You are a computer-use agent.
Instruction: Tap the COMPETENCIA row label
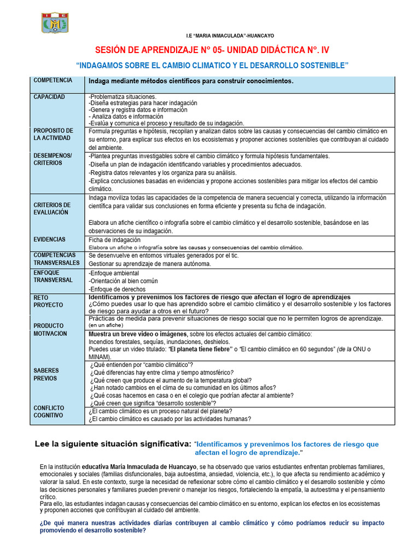(52, 80)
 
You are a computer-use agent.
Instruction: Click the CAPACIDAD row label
(49, 97)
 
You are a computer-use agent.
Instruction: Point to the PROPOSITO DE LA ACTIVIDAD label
(53, 135)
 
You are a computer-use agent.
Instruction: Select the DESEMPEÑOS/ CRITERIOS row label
(52, 160)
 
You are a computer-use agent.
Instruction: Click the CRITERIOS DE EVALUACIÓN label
(53, 208)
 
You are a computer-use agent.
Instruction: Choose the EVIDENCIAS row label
(49, 240)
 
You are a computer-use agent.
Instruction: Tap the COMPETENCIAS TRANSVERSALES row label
(56, 259)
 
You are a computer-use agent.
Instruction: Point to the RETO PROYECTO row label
(48, 301)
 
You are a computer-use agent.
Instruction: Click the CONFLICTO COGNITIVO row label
(49, 411)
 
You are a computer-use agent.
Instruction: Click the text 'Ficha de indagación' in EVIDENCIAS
(114, 240)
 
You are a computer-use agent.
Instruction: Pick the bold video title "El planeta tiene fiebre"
(196, 349)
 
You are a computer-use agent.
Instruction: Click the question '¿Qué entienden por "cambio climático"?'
(141, 365)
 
